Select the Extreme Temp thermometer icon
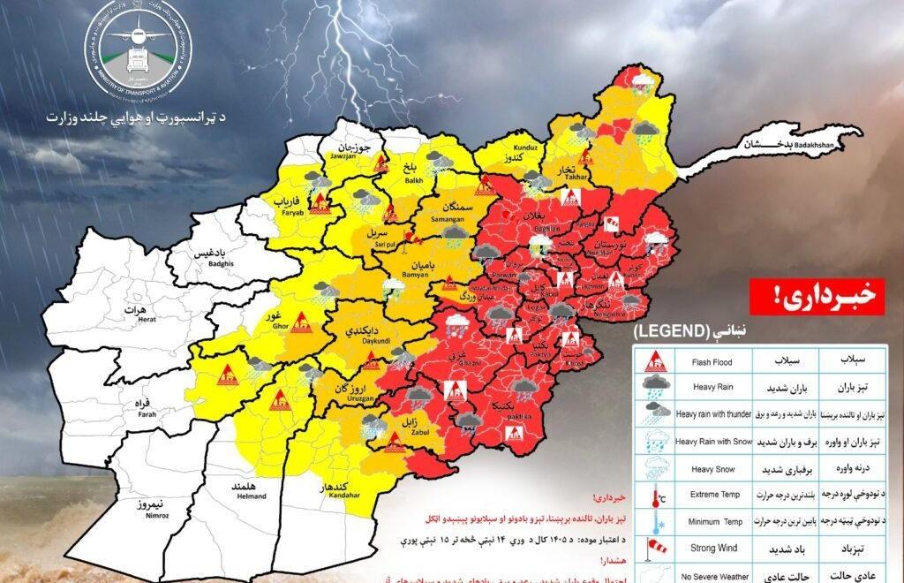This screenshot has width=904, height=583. (x=656, y=497)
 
